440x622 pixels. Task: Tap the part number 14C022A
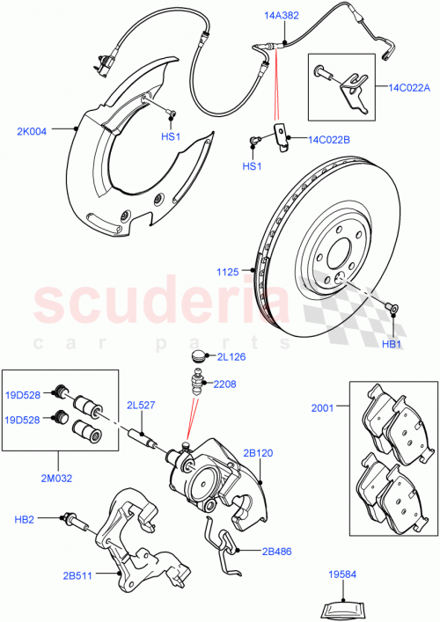pos(407,87)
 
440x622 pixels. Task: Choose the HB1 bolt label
pos(392,343)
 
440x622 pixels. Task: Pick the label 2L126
pos(231,357)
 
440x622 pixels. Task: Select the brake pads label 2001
pos(322,407)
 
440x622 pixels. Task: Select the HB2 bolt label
pos(25,520)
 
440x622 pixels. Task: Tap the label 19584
pos(341,574)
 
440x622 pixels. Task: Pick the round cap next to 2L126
pos(200,356)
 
